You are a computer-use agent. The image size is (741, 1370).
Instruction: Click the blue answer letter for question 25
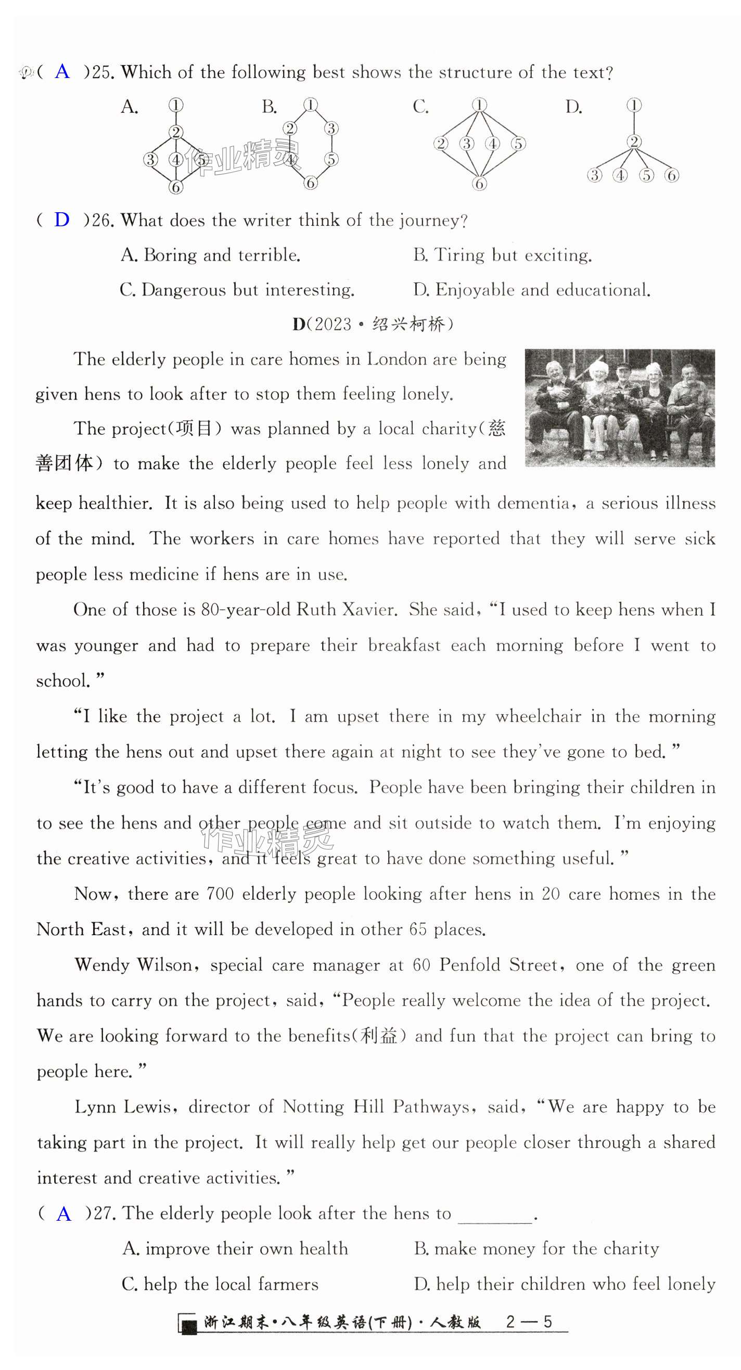62,71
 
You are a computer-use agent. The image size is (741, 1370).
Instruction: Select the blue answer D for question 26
62,219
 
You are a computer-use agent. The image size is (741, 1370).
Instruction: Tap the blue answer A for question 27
63,1213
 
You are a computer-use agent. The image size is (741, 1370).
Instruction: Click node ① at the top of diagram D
634,105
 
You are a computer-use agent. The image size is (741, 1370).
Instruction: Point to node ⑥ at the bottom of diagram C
479,184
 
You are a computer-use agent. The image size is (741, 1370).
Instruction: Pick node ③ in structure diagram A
150,159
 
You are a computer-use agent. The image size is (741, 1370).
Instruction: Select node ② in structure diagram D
634,141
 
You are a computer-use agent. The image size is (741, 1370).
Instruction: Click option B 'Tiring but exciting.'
502,255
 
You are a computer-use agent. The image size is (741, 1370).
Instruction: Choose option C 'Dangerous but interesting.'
237,290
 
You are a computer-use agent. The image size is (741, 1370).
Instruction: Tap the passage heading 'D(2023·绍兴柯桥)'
373,324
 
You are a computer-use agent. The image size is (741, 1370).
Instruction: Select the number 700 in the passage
220,894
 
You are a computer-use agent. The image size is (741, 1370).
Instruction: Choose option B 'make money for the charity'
536,1249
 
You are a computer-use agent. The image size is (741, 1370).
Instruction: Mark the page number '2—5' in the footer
529,1322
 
